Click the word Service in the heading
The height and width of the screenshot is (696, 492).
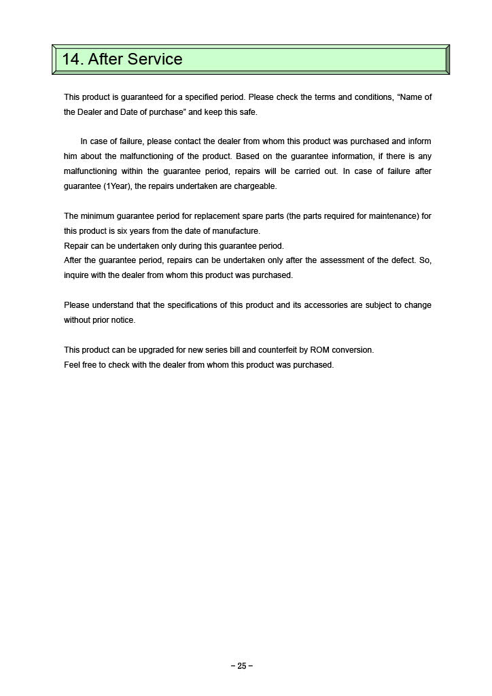click(x=155, y=59)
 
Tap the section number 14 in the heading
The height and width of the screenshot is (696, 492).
click(x=72, y=59)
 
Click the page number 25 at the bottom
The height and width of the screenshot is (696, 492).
click(x=242, y=666)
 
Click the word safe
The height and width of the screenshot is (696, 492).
click(x=249, y=112)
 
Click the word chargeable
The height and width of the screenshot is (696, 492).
click(x=257, y=186)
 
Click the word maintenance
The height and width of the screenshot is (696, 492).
click(x=392, y=216)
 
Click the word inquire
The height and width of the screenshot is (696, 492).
click(x=75, y=275)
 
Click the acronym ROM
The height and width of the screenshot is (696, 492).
click(x=319, y=350)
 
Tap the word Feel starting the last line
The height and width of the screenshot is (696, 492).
click(x=72, y=365)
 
